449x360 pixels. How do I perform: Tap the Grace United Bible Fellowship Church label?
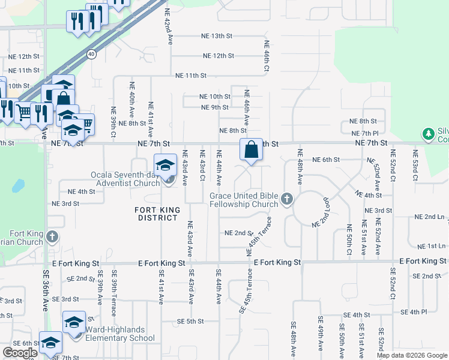click(x=244, y=200)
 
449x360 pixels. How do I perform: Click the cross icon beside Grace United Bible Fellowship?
click(x=287, y=199)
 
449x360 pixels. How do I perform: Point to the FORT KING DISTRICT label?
click(x=156, y=213)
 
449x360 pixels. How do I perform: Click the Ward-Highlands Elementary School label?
click(x=119, y=334)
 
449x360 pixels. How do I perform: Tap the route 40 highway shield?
click(x=91, y=54)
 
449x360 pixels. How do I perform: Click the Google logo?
click(x=20, y=352)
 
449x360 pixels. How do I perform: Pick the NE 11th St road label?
click(x=190, y=76)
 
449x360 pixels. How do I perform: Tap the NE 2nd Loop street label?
click(x=321, y=212)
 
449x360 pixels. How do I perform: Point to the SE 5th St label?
click(x=190, y=321)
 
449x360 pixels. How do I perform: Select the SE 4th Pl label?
click(x=414, y=312)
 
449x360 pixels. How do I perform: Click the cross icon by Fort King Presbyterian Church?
click(x=52, y=236)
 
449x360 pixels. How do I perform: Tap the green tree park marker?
click(x=429, y=133)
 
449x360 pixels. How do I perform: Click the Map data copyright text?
click(x=412, y=355)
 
